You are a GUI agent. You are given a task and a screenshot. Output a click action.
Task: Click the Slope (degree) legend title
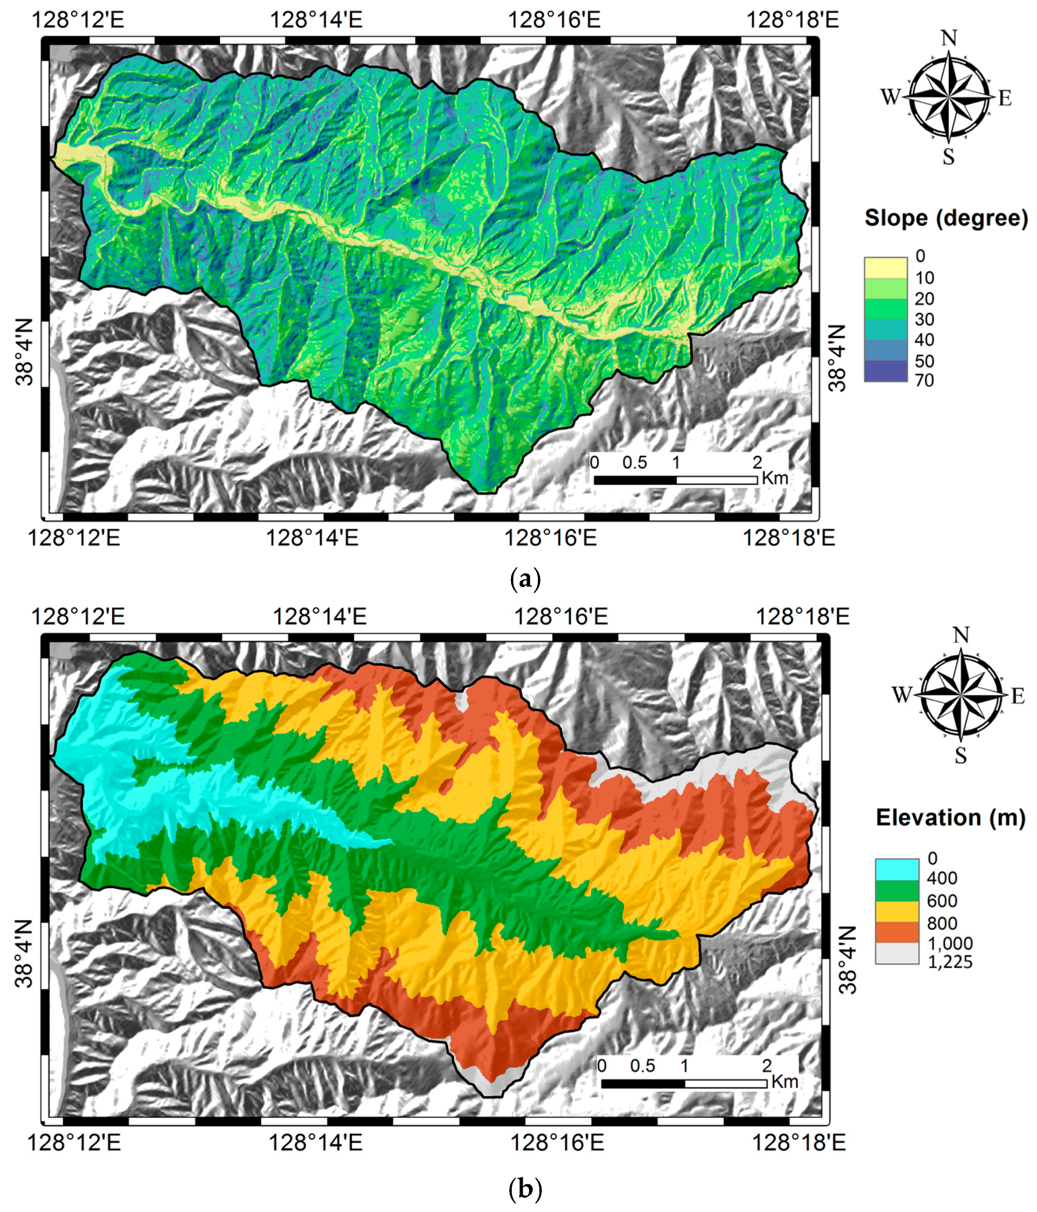click(946, 218)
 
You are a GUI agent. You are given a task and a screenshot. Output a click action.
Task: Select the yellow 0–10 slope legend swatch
click(885, 267)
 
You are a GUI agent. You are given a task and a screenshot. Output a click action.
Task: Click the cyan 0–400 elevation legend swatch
click(897, 869)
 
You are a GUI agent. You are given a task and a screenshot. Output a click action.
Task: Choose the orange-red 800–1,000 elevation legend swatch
click(897, 932)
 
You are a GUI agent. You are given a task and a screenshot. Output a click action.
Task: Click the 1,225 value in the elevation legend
click(950, 962)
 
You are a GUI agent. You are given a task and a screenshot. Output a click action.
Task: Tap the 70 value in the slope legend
click(924, 380)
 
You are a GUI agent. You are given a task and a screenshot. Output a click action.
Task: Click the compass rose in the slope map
click(948, 97)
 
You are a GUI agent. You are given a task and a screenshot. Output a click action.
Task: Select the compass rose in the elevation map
click(960, 695)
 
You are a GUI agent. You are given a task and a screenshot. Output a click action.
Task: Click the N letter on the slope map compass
click(948, 38)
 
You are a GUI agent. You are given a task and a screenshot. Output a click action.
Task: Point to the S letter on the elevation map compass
click(960, 756)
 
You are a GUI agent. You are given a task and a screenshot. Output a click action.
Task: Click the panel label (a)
click(525, 579)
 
